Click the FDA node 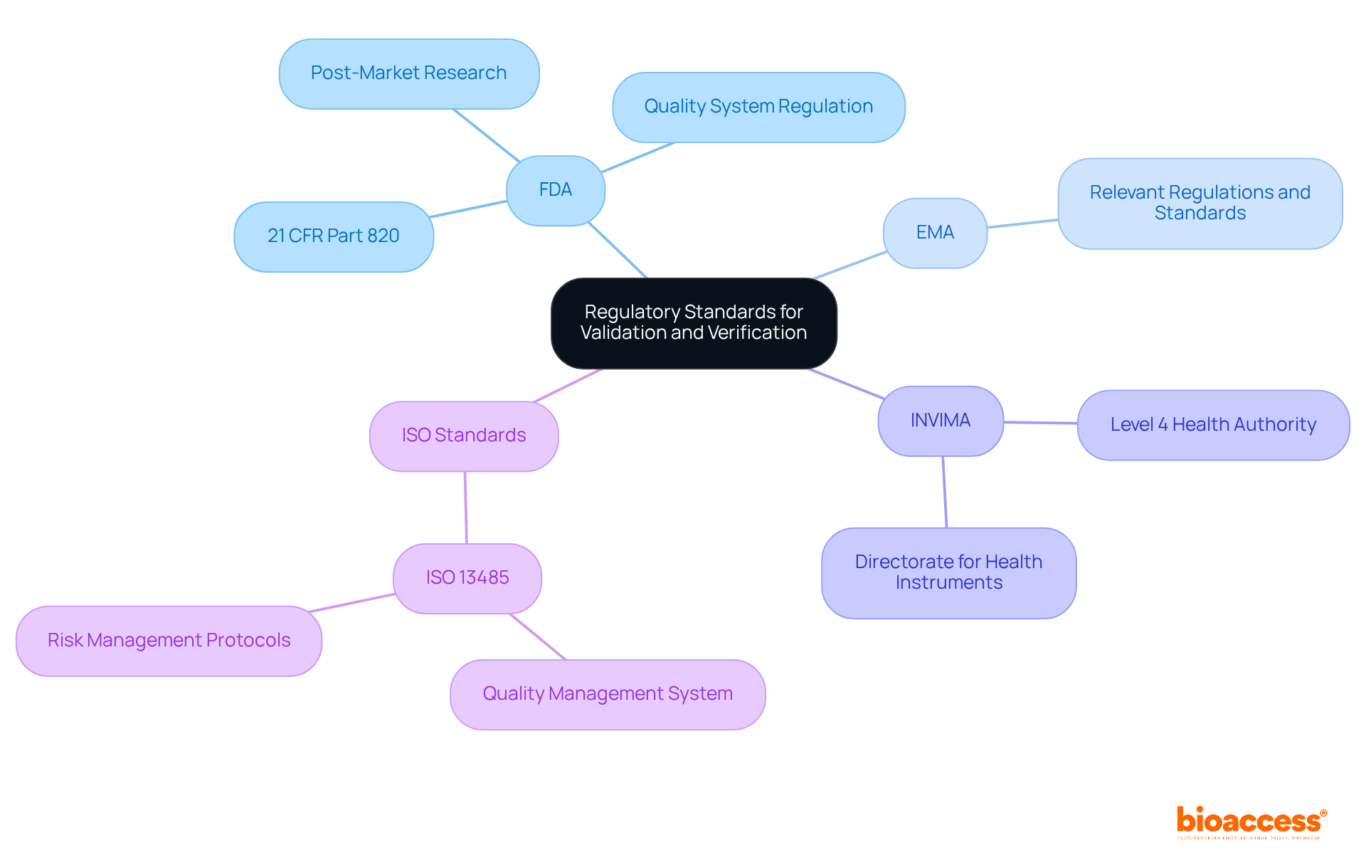point(556,190)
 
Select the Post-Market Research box point(409,73)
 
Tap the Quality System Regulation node point(758,107)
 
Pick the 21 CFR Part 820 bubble point(334,236)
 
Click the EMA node point(935,233)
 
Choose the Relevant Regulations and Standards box point(1200,203)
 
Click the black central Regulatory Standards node point(694,323)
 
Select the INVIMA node point(941,421)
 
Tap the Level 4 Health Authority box point(1213,425)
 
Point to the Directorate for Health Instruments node point(948,572)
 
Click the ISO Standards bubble point(464,436)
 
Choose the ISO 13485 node point(467,578)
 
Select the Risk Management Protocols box point(169,641)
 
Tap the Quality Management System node point(608,694)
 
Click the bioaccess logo point(1251,822)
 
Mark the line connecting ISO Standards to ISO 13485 point(466,508)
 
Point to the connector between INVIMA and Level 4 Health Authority point(1040,423)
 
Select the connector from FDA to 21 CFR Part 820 point(469,209)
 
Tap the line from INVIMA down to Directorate point(945,492)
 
